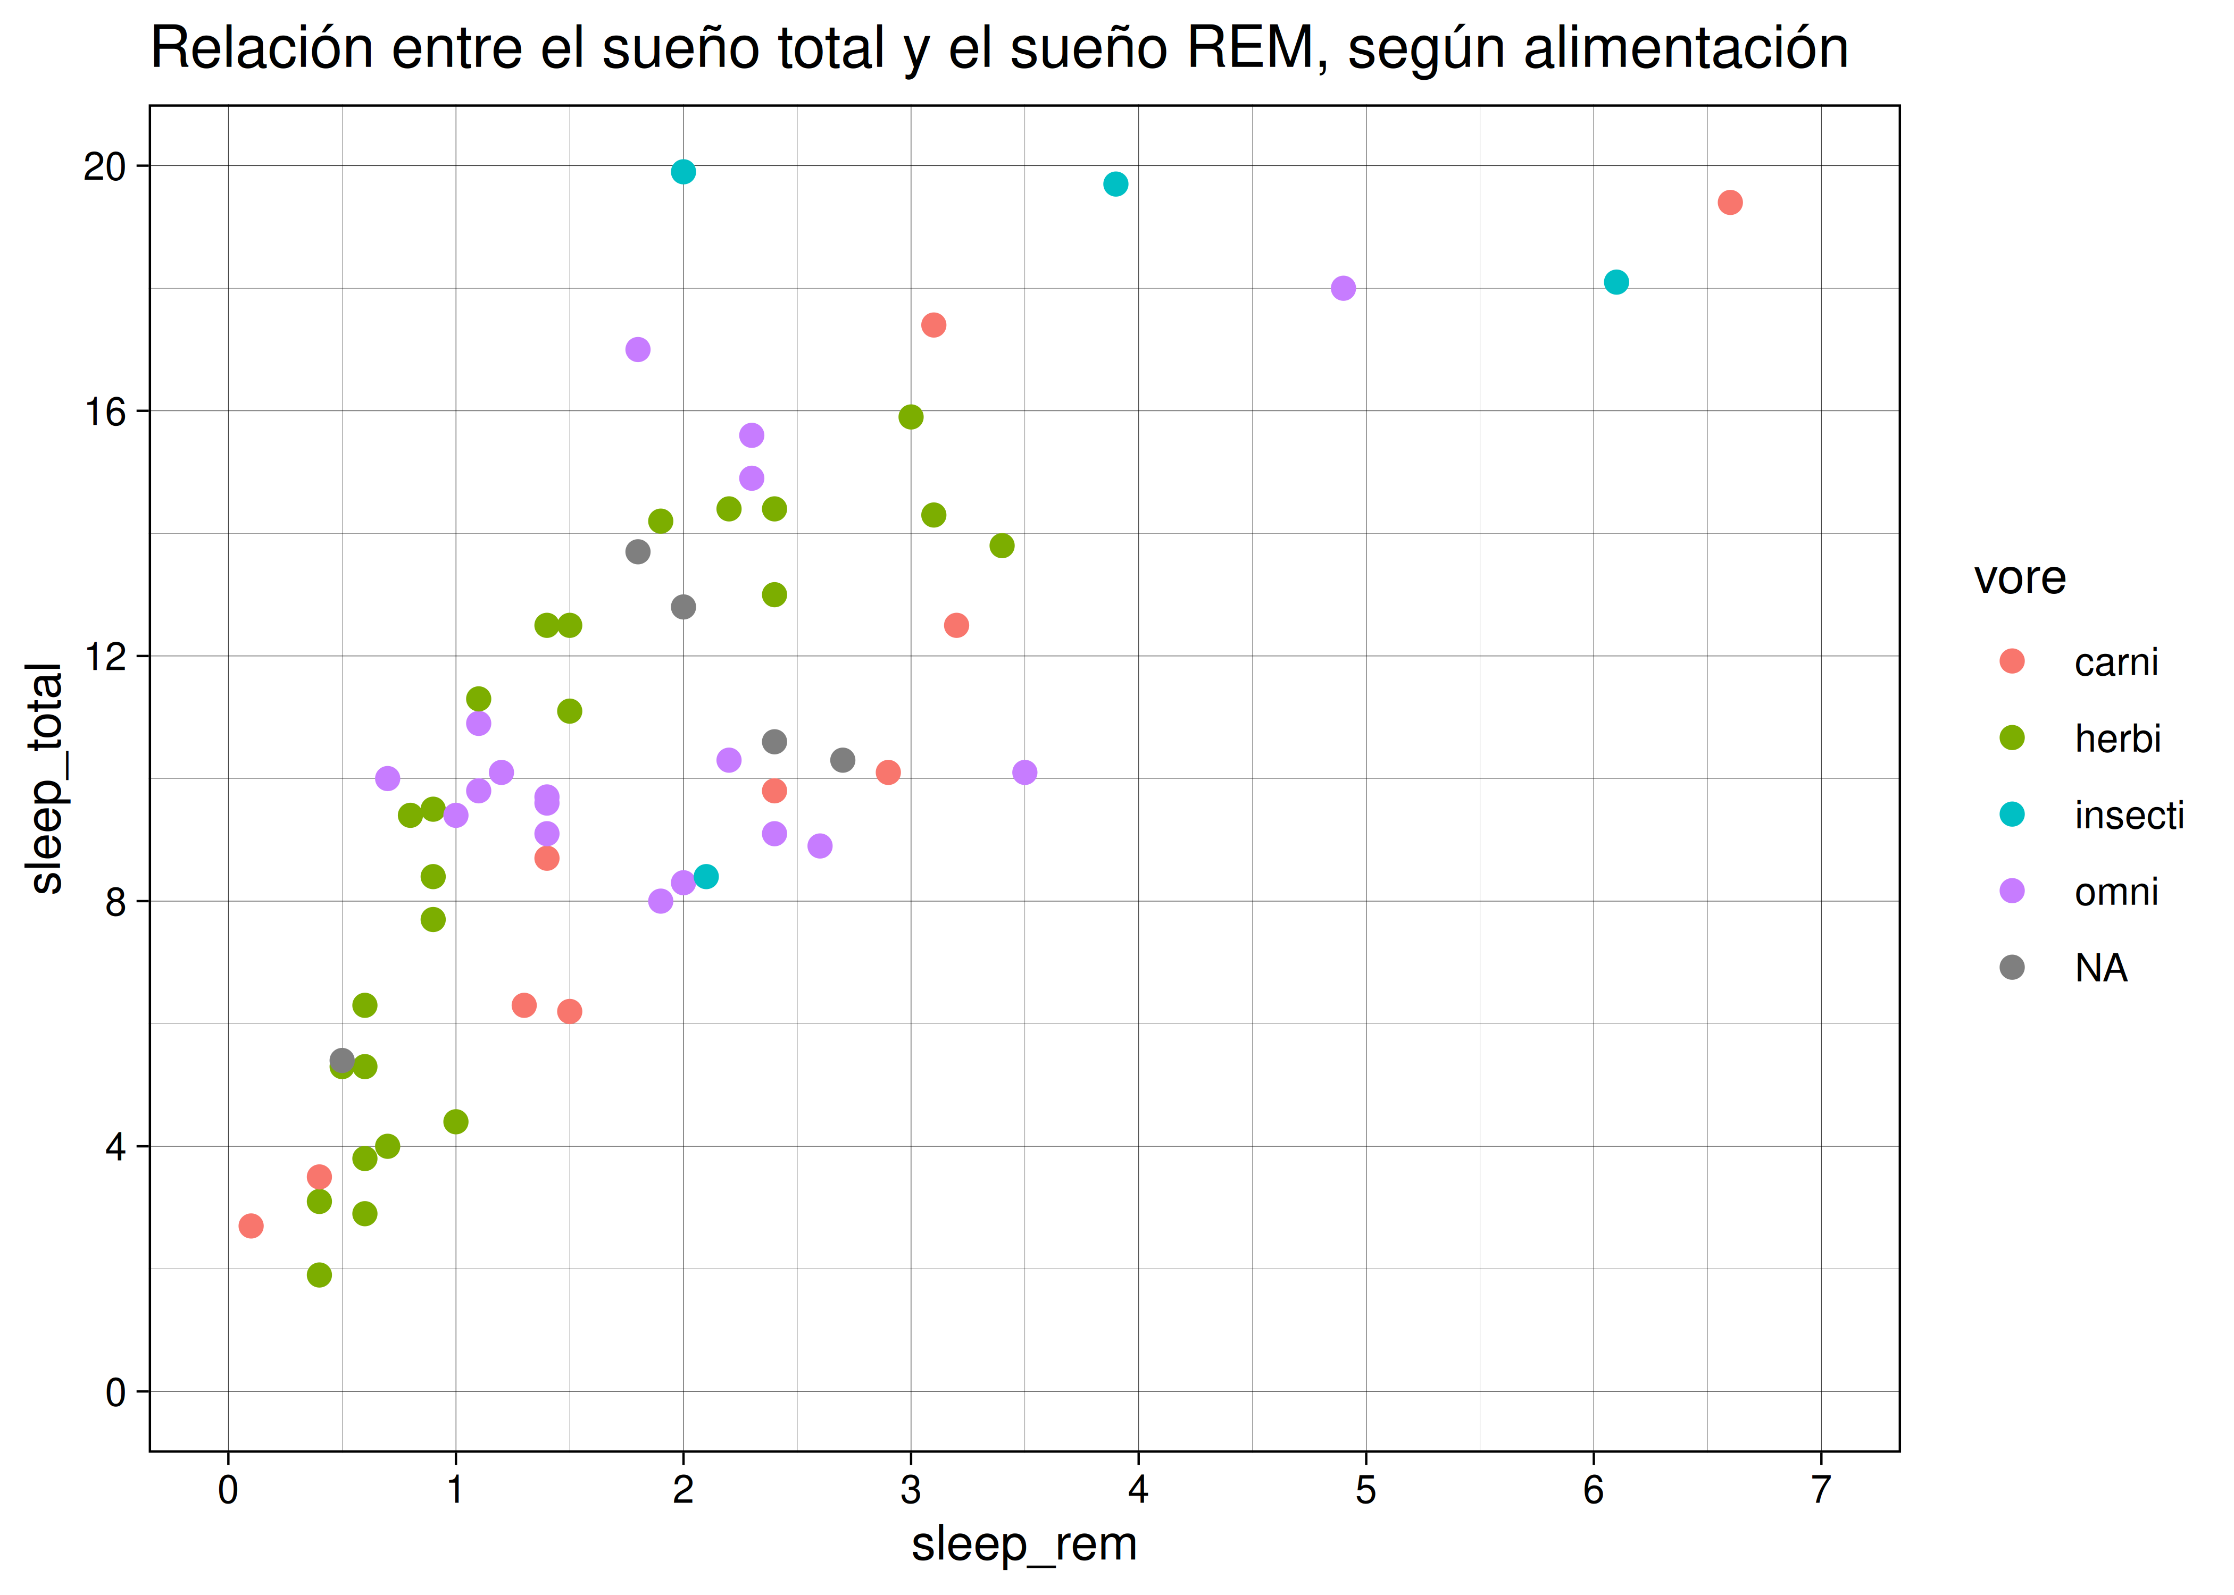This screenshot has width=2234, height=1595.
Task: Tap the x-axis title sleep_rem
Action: tap(1024, 1544)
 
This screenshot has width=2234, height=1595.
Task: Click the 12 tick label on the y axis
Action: tap(105, 656)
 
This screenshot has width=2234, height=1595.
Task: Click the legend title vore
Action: tap(2020, 577)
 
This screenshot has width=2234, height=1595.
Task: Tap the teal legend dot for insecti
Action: tap(2012, 814)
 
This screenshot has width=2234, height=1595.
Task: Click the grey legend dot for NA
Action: tap(2012, 968)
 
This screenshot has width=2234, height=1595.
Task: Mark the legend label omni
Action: tap(2116, 892)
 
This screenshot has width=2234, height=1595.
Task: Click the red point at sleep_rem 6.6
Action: tap(1730, 203)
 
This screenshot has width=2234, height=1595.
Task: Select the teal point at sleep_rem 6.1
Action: tap(1616, 282)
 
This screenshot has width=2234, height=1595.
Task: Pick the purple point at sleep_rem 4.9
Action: tap(1343, 288)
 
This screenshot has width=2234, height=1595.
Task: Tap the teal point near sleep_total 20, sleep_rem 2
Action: tap(683, 172)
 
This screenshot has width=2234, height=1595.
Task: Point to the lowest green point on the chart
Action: tap(319, 1275)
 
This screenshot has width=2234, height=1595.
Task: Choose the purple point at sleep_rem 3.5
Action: tap(1024, 772)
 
